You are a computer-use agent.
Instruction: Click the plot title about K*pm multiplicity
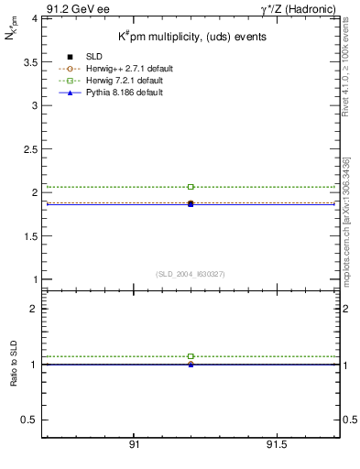click(191, 37)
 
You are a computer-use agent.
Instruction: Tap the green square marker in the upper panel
click(191, 187)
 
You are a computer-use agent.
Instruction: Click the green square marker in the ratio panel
click(191, 355)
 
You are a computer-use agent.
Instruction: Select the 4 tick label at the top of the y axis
click(33, 18)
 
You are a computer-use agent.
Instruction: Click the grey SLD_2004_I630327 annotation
click(191, 274)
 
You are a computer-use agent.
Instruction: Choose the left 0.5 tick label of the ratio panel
click(28, 420)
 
